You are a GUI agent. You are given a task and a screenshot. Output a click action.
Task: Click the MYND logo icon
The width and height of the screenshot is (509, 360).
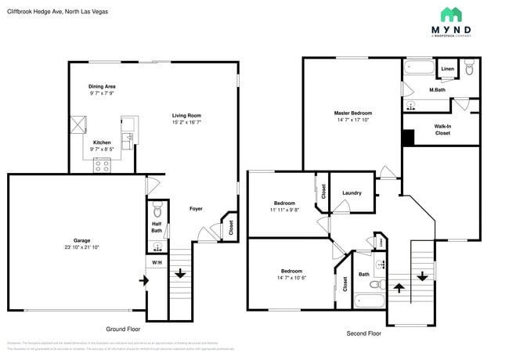coord(452,14)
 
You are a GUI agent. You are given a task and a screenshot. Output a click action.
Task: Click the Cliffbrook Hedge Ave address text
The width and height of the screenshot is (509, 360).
coord(47,13)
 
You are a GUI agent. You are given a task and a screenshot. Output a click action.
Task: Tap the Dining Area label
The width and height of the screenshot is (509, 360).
coord(102,86)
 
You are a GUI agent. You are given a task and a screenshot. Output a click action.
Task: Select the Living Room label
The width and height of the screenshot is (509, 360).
coord(186,116)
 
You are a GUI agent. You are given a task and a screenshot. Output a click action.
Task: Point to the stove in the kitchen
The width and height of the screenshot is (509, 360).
coord(103,164)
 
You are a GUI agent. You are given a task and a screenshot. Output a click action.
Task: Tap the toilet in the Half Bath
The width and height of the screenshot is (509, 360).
coord(157,211)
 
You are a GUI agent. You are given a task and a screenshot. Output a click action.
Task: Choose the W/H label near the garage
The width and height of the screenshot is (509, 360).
coord(157,262)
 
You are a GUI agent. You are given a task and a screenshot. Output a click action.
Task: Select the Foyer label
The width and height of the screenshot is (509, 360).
coord(196,209)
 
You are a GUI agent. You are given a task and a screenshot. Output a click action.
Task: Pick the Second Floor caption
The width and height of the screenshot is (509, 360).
coord(363,333)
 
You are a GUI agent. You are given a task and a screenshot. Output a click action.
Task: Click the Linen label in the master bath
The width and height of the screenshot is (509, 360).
coord(447,70)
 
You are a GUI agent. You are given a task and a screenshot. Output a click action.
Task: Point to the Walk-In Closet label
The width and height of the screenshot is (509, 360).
coord(442,129)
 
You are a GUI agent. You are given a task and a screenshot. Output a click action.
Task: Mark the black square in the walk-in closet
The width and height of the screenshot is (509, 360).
coord(408,137)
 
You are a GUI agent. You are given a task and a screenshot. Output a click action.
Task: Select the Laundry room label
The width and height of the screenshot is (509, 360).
coord(352,193)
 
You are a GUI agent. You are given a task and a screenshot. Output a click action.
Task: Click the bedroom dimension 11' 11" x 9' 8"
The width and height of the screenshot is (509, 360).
coord(283,210)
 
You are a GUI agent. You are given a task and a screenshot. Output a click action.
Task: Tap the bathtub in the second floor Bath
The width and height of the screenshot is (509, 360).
coord(371,301)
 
